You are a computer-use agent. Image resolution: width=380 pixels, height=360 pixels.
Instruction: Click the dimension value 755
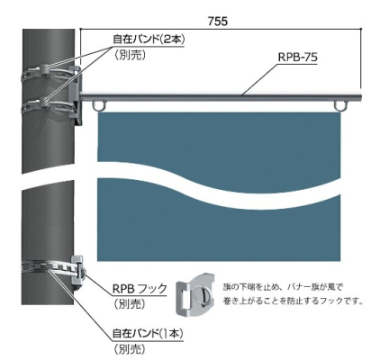[x=218, y=22]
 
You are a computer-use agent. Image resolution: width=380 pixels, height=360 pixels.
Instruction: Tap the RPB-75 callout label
[x=297, y=57]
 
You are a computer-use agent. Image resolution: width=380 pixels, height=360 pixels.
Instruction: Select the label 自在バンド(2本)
[x=149, y=40]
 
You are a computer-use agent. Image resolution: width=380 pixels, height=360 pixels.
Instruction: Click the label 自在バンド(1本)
[x=148, y=333]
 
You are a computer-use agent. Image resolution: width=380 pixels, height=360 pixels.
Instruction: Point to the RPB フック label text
[x=140, y=289]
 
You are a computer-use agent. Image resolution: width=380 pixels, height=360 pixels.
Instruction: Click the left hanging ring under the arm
[x=99, y=105]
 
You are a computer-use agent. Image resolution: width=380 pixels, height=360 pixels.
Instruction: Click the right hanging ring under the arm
[x=340, y=105]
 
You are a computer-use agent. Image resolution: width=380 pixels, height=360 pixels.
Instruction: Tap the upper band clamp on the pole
[x=47, y=72]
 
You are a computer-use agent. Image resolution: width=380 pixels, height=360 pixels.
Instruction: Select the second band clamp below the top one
[x=47, y=106]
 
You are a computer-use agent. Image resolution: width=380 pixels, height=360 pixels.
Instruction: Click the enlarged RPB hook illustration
[x=195, y=293]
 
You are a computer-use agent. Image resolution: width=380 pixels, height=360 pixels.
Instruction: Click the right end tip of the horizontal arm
[x=361, y=97]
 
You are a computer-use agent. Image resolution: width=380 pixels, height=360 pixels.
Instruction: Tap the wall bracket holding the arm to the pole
[x=77, y=95]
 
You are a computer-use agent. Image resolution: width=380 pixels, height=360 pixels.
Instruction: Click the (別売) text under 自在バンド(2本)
[x=130, y=56]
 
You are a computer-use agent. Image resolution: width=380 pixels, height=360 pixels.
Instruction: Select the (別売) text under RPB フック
[x=130, y=304]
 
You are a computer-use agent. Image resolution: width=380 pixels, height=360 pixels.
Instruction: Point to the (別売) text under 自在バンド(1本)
[x=130, y=349]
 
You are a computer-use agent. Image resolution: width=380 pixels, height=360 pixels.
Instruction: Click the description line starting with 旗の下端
[x=283, y=287]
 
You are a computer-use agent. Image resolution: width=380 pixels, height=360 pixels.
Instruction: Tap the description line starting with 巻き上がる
[x=293, y=301]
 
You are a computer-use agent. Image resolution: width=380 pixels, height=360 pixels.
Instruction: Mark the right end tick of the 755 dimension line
[x=361, y=29]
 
